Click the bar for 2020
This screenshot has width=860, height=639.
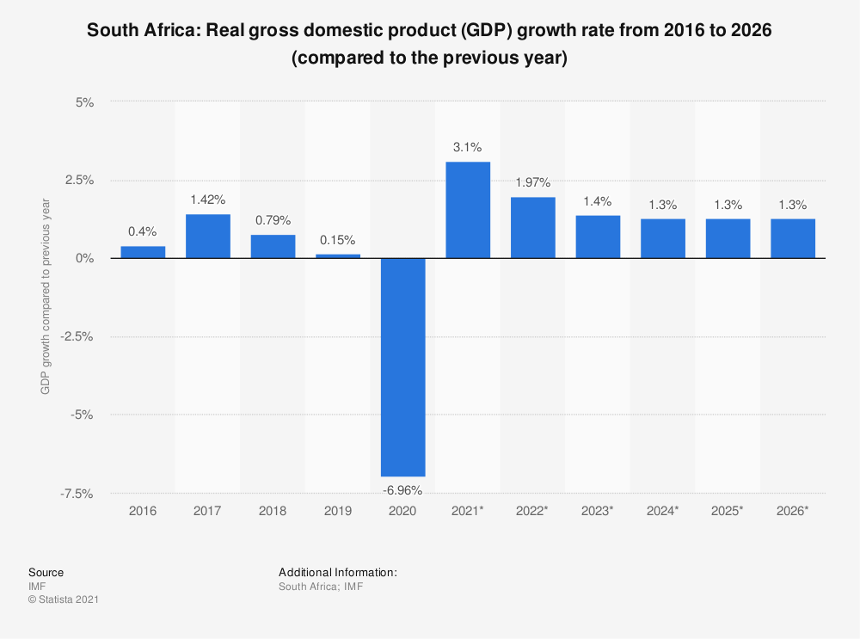(x=402, y=367)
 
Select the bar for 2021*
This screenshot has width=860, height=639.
(x=468, y=210)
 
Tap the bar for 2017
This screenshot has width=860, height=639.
(x=208, y=237)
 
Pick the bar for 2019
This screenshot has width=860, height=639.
(x=338, y=255)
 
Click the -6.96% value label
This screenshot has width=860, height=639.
(x=402, y=490)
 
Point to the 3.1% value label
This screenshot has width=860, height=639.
(x=468, y=147)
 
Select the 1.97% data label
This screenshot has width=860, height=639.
(x=532, y=182)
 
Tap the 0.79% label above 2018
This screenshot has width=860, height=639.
(x=273, y=220)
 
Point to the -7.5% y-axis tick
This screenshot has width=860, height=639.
(x=78, y=494)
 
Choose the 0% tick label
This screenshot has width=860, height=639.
(x=84, y=258)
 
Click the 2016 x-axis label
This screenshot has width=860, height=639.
(x=143, y=511)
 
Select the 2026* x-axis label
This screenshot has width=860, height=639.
(x=792, y=511)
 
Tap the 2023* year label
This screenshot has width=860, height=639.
(x=598, y=511)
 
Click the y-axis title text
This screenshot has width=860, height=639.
(x=46, y=297)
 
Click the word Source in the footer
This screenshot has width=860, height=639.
(x=46, y=572)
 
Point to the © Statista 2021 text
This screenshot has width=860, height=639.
(x=64, y=599)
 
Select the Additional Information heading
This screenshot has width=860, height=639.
(x=337, y=572)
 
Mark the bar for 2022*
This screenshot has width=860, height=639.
(x=532, y=228)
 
